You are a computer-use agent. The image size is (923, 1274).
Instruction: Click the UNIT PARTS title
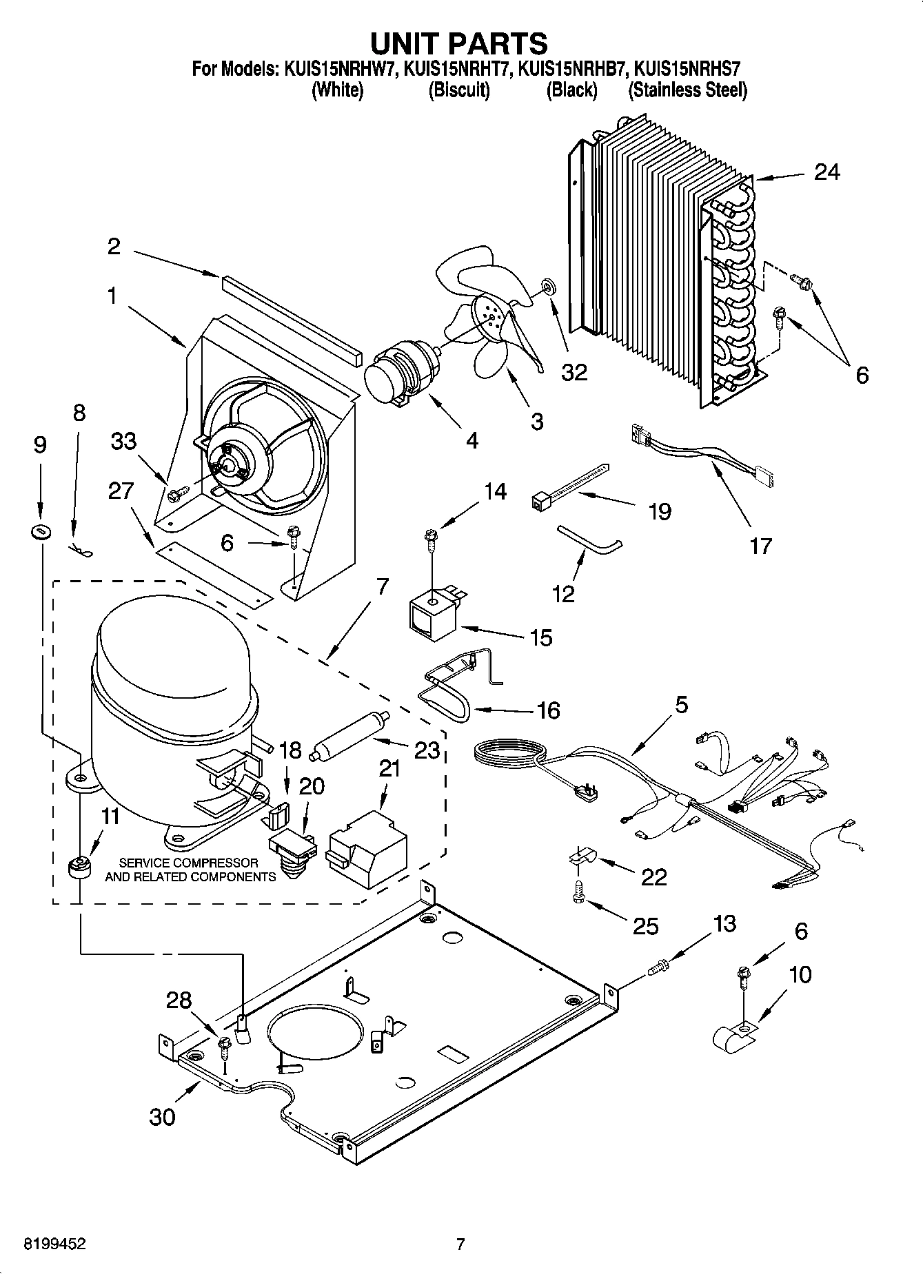[x=460, y=43]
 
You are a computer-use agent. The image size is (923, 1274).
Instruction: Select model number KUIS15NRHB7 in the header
[x=571, y=69]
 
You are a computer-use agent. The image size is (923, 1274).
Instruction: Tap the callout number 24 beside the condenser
[x=827, y=172]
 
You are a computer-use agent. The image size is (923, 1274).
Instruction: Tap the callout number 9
[x=40, y=445]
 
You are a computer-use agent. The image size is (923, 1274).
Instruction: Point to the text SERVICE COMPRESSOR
[x=188, y=863]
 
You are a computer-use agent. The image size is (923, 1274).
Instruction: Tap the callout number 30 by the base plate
[x=163, y=1117]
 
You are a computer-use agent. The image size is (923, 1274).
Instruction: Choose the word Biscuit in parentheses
[x=459, y=90]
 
